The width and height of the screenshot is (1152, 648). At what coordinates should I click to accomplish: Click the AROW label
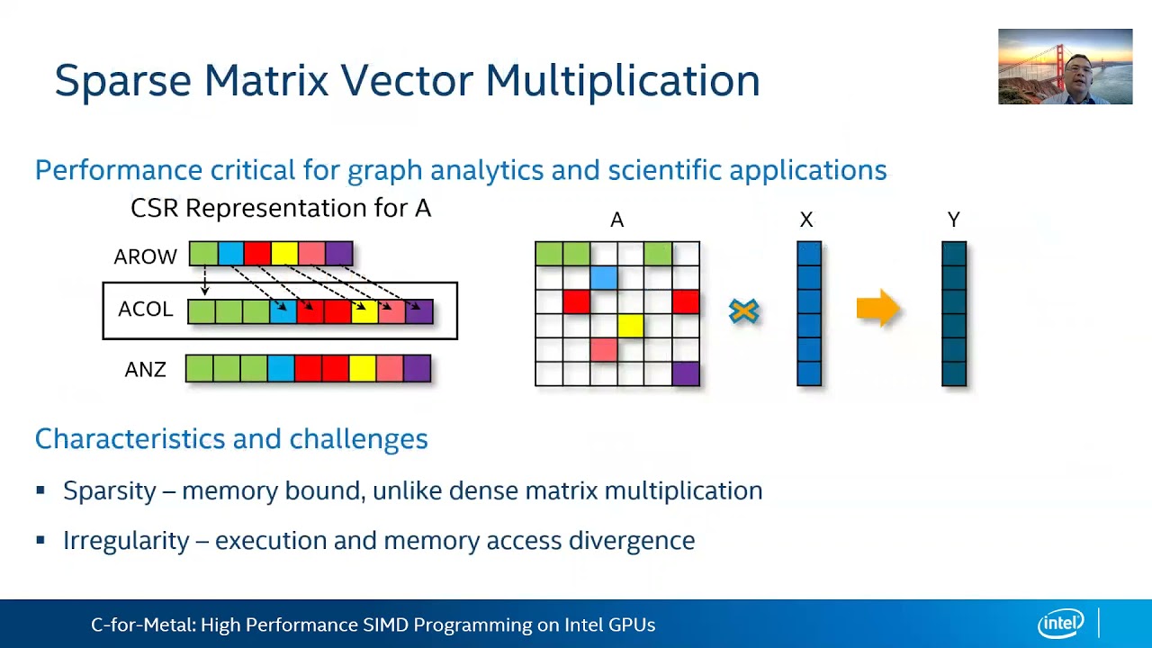145,256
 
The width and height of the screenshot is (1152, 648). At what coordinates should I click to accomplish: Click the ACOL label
145,310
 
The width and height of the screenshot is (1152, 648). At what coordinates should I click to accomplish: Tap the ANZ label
145,370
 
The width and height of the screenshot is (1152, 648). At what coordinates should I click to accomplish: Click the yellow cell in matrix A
631,326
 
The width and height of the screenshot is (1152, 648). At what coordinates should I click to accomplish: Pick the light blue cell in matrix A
604,277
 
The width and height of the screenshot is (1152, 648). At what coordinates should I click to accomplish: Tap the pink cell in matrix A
604,349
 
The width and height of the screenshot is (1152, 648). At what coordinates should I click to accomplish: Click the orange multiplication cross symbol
744,311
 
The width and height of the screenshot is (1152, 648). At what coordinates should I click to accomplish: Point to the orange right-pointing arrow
877,310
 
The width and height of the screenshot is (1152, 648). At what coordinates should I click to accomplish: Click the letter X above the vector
806,220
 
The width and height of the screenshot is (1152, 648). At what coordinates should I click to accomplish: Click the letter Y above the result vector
953,220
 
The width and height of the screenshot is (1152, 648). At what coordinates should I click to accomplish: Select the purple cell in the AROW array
338,254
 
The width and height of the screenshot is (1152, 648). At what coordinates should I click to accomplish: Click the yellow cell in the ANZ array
362,368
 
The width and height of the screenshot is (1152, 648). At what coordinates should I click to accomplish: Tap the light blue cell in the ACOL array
283,311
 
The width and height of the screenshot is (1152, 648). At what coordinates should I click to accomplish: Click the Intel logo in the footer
1061,623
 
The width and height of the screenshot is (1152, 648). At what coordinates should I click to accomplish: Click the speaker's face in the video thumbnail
1077,71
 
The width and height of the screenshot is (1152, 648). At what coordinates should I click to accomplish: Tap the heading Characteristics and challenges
231,438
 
